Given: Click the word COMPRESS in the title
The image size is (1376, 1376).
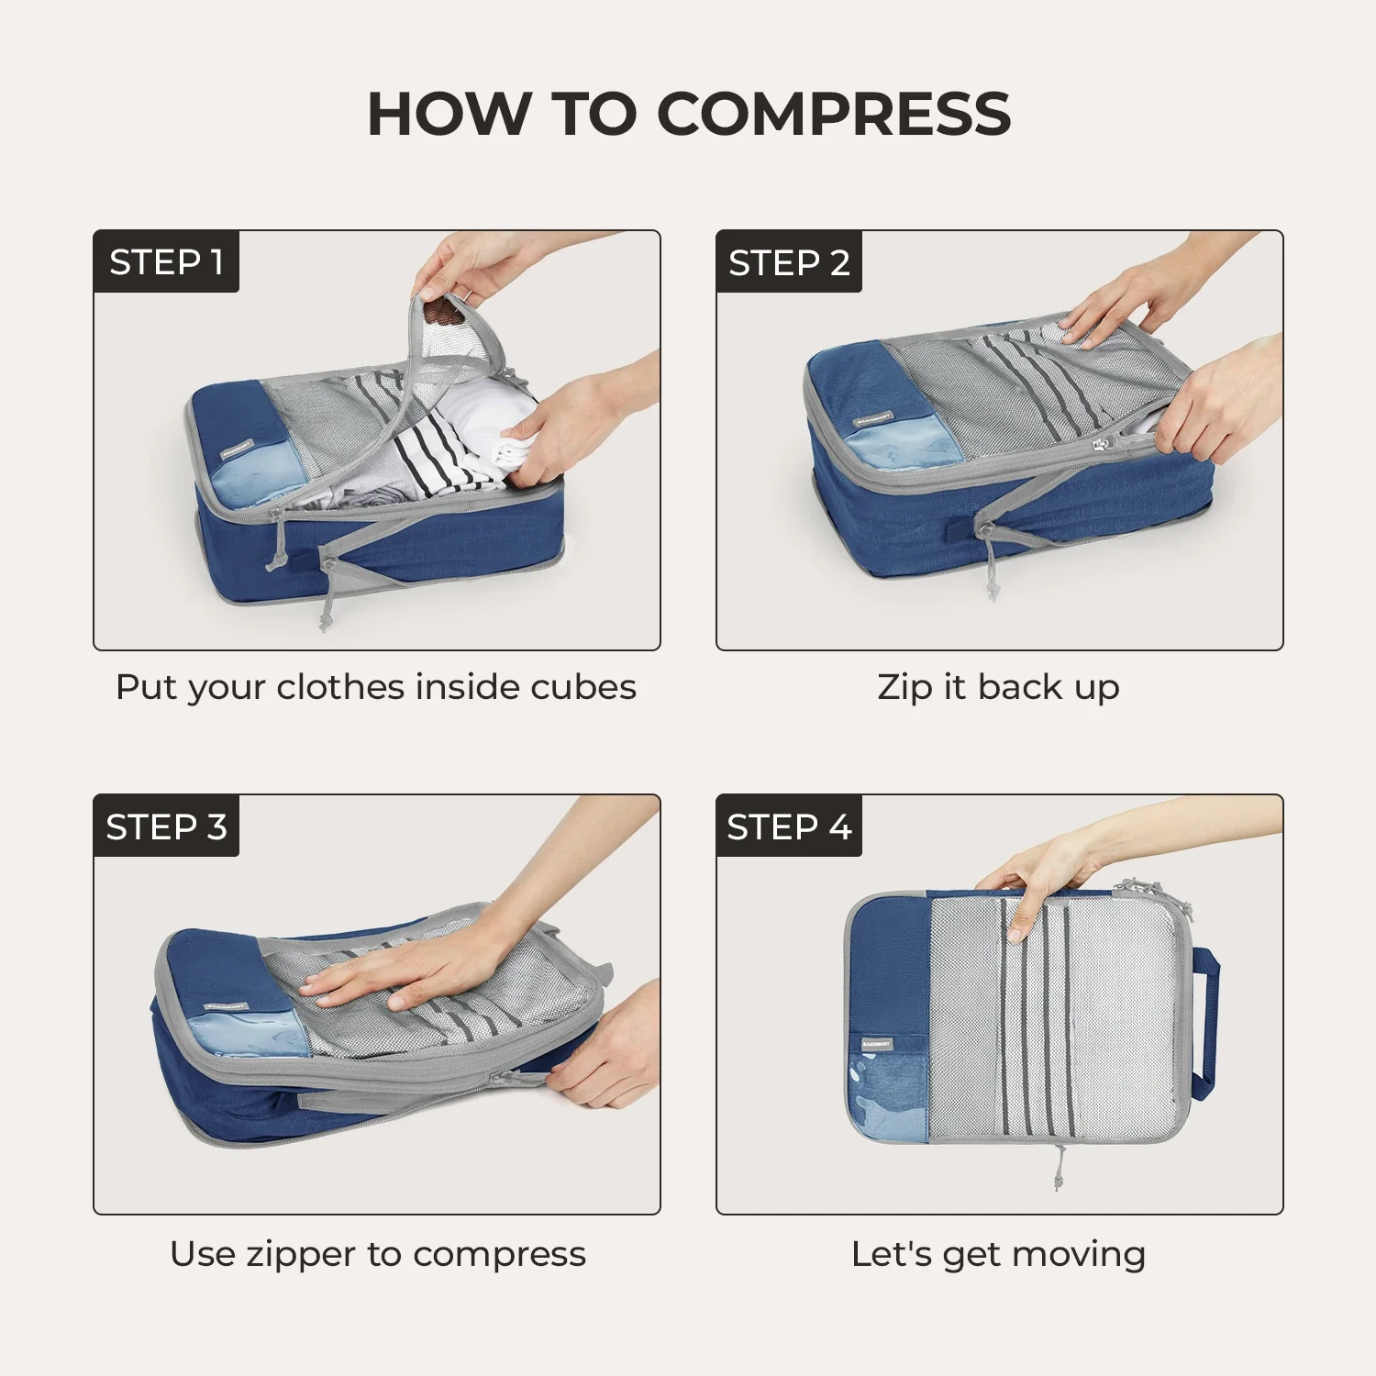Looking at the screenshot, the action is (834, 114).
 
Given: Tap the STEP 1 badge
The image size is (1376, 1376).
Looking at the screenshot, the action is (166, 261).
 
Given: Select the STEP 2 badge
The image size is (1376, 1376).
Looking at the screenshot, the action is (789, 261).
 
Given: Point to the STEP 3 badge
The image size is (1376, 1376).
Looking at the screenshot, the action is (166, 826).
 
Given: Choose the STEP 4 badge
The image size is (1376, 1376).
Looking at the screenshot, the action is (789, 826).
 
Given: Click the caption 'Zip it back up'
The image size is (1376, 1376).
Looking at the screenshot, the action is (999, 688).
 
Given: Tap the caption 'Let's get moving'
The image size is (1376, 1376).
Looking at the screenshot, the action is (999, 1254).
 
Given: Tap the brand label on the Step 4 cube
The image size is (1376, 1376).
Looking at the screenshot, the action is (875, 1044).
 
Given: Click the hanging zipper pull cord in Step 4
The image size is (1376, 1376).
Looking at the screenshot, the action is (1059, 1167).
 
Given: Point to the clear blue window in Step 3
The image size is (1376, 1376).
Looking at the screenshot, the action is (252, 1037).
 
